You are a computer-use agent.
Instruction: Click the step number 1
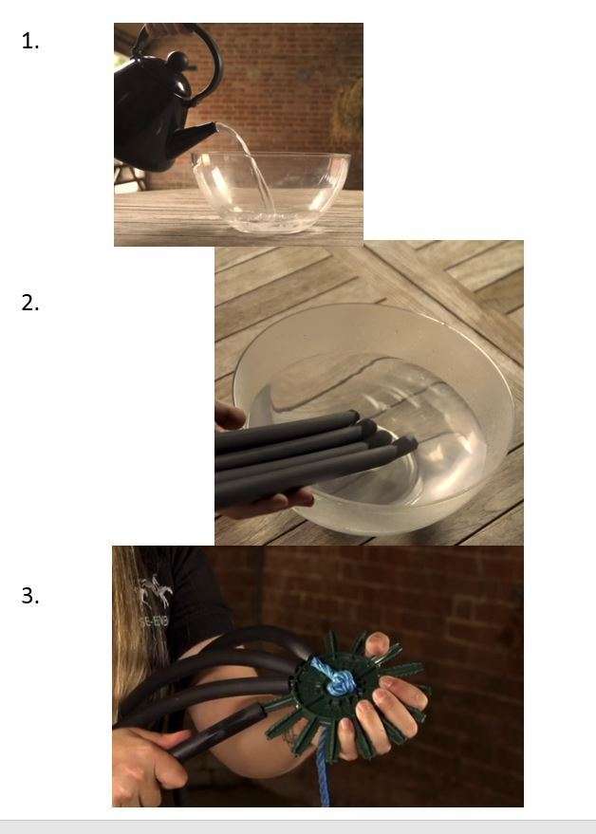[30, 41]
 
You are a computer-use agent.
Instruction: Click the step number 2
[30, 303]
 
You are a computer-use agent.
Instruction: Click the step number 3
[30, 595]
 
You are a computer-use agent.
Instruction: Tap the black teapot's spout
[196, 136]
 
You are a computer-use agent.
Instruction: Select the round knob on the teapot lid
[177, 61]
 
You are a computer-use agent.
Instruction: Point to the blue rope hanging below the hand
[323, 771]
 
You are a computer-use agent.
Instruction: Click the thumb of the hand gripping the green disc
[377, 643]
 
